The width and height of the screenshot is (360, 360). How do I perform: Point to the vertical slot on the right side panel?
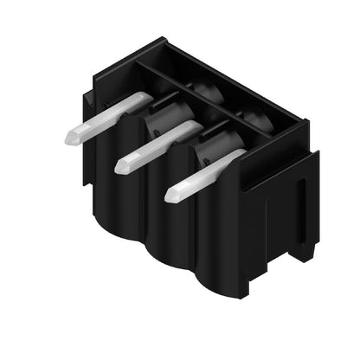click(301, 212)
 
